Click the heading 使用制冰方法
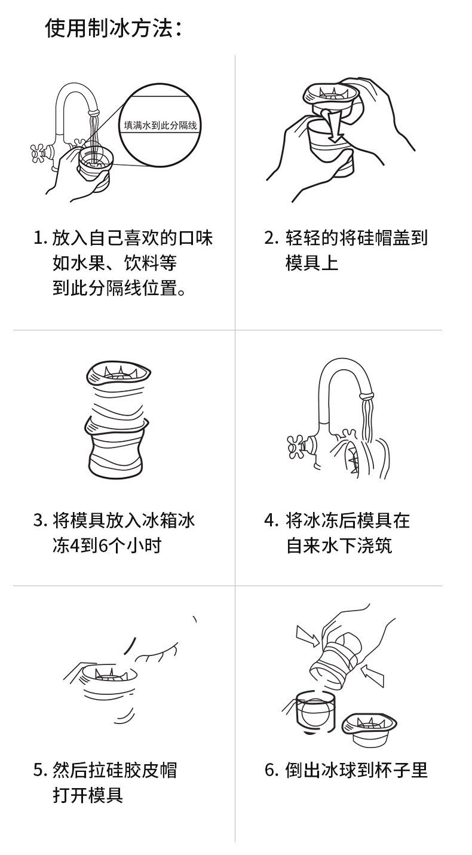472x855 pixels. click(113, 27)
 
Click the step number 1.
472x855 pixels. click(39, 238)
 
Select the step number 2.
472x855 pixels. click(271, 238)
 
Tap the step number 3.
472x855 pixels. click(39, 520)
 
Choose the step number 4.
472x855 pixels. click(271, 520)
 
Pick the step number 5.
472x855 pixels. click(39, 770)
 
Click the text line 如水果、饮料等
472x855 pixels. click(114, 263)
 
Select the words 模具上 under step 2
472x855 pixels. click(311, 263)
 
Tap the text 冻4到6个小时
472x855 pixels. click(107, 546)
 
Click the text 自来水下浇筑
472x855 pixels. click(339, 546)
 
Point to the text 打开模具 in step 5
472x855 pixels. click(88, 795)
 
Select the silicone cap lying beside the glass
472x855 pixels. click(370, 727)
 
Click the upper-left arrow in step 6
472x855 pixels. click(308, 637)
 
